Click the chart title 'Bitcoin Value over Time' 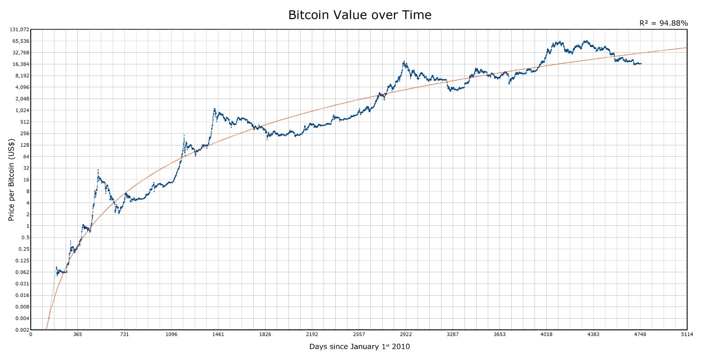(x=360, y=15)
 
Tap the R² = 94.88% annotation (x=663, y=23)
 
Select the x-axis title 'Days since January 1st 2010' (x=360, y=346)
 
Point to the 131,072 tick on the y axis (x=19, y=30)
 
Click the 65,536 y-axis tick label (x=21, y=41)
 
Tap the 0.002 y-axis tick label (x=22, y=330)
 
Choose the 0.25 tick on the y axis (x=23, y=249)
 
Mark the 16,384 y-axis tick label (x=21, y=64)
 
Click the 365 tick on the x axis (x=77, y=334)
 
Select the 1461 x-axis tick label (x=218, y=334)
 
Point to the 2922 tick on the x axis (x=405, y=334)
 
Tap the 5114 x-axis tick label (x=687, y=334)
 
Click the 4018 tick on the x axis (x=546, y=334)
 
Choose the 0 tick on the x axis (x=31, y=334)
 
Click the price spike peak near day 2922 (x=404, y=62)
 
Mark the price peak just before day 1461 (x=214, y=109)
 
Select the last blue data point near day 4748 (x=640, y=63)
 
